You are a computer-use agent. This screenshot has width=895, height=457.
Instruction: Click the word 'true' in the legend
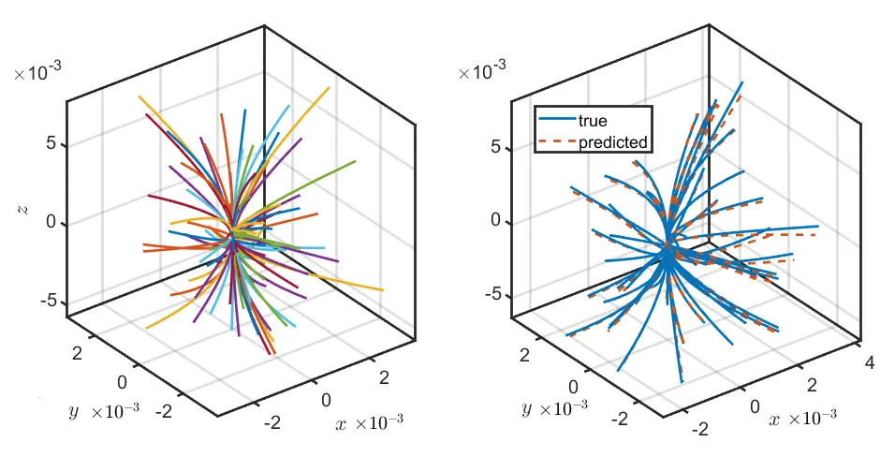pos(594,121)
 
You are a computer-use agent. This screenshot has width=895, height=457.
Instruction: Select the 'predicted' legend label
pos(613,142)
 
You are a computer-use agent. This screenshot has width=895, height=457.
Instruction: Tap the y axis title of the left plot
pos(72,410)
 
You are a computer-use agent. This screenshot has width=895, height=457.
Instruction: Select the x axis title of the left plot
pos(340,423)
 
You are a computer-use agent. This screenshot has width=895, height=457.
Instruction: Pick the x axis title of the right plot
pos(774,418)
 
